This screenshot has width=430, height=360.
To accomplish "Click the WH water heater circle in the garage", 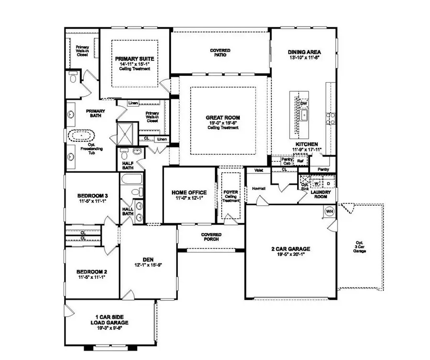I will (x=329, y=212).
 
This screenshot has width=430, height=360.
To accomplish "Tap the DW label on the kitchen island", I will (x=303, y=103).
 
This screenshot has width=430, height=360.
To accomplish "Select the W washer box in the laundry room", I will (x=316, y=183).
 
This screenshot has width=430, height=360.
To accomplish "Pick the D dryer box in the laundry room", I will (x=328, y=183).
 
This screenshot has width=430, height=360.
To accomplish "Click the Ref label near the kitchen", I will (x=301, y=161).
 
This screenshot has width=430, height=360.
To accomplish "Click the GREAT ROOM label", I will (x=223, y=117).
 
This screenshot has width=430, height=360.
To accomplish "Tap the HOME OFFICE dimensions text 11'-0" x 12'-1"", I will (x=190, y=198).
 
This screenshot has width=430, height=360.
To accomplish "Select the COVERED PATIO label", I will (x=220, y=53).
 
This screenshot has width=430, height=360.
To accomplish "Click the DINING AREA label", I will (x=304, y=52).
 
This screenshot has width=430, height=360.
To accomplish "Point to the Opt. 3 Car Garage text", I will (x=359, y=246).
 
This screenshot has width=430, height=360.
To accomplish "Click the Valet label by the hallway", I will (x=259, y=170).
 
